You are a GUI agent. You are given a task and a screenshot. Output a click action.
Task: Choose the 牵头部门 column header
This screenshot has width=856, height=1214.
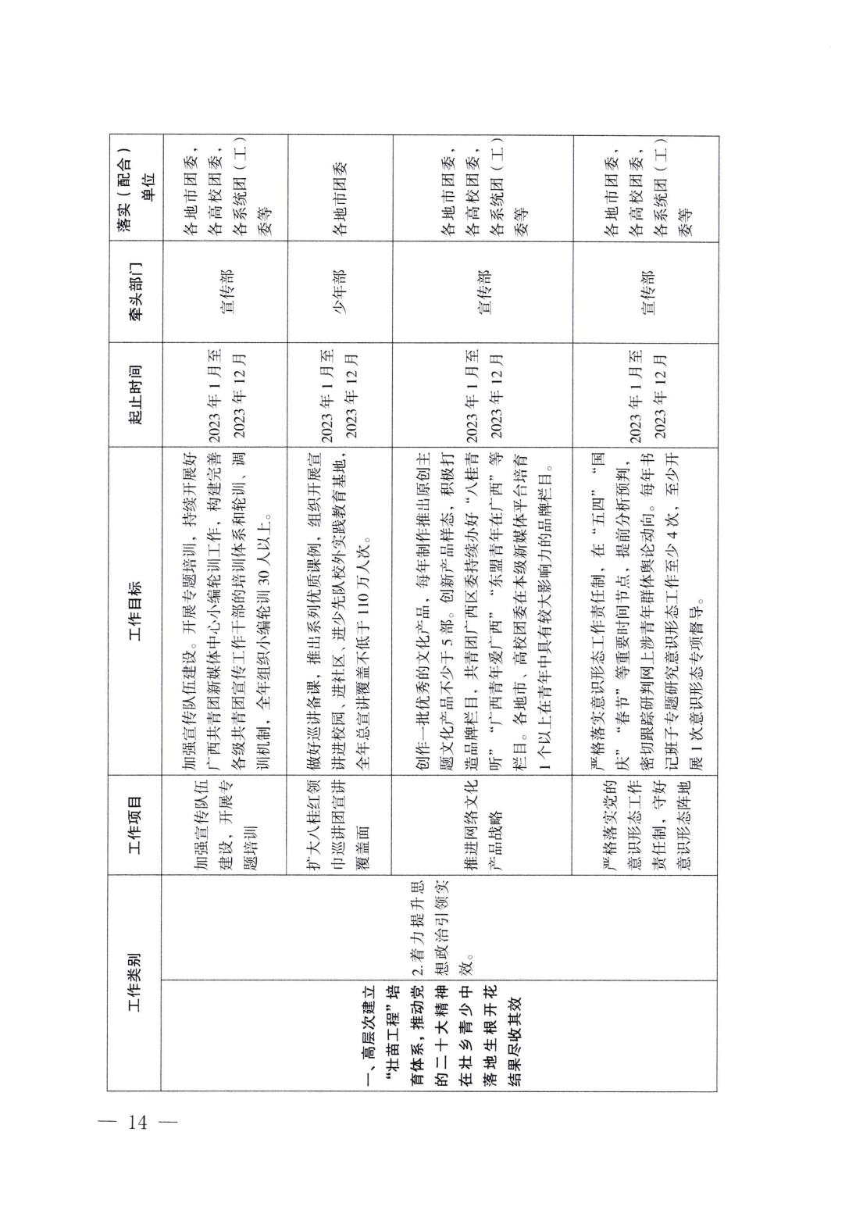pyautogui.click(x=134, y=290)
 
